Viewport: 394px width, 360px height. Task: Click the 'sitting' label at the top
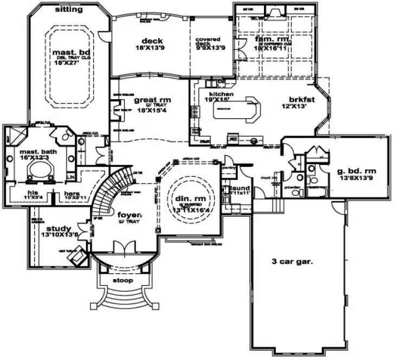(70, 10)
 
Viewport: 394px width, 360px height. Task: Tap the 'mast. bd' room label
(69, 53)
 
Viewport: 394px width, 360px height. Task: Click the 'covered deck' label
(209, 42)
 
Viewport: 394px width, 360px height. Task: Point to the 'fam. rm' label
(270, 40)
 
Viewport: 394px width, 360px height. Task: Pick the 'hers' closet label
(72, 193)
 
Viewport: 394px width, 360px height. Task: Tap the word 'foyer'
(129, 215)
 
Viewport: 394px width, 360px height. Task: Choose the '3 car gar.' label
(292, 261)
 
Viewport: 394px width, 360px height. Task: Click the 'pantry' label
(229, 169)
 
